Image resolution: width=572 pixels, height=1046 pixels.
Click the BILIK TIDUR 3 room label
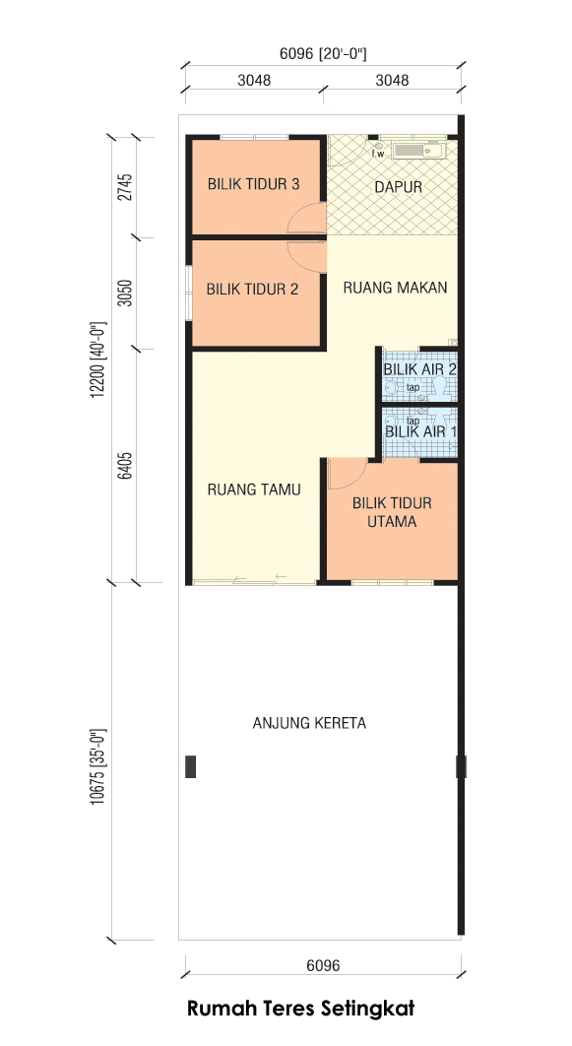click(x=253, y=184)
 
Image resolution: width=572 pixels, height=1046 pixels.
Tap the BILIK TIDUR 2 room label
click(x=252, y=290)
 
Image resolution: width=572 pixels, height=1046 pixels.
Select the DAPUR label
click(x=398, y=187)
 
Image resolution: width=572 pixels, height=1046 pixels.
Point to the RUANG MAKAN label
click(x=396, y=288)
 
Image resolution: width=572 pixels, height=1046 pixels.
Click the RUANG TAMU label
click(x=254, y=490)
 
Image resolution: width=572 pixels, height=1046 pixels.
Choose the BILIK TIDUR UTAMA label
click(x=392, y=512)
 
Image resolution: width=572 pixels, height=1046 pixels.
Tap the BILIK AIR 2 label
click(x=420, y=369)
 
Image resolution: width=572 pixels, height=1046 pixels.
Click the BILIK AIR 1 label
click(x=421, y=431)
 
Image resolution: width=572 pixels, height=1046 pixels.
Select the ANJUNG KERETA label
click(x=309, y=723)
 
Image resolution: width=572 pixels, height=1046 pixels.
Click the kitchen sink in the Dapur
click(x=418, y=151)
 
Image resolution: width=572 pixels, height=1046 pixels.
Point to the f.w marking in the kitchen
click(x=378, y=154)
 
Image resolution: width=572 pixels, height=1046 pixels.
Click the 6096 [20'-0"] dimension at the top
click(x=323, y=54)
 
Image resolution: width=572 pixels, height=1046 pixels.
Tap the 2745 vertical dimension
click(x=125, y=187)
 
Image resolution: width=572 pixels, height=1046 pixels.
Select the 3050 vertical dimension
click(x=125, y=293)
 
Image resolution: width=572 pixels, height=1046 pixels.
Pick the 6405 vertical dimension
click(x=125, y=466)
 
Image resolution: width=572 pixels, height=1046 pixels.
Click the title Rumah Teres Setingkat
click(x=300, y=1008)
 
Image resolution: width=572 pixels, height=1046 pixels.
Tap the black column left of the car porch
click(x=191, y=766)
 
